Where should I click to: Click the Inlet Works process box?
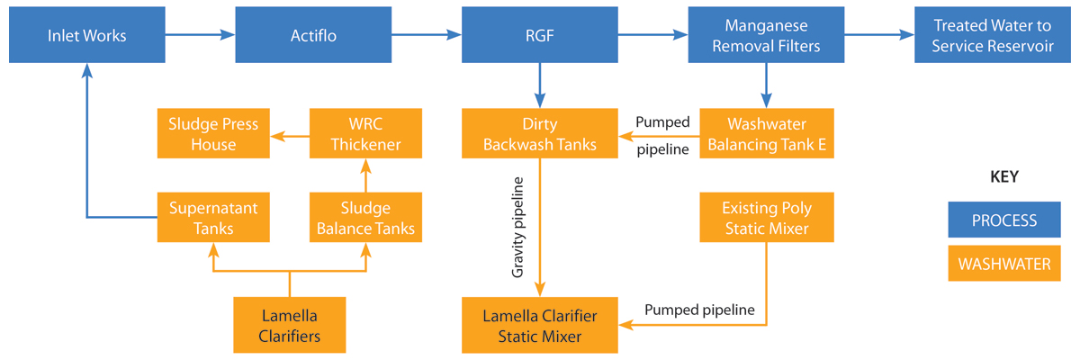click(x=86, y=36)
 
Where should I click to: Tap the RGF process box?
click(x=539, y=36)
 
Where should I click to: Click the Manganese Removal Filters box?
click(x=766, y=36)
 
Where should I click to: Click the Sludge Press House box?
click(x=213, y=134)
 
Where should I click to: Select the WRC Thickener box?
click(x=364, y=134)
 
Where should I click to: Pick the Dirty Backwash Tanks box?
click(x=539, y=134)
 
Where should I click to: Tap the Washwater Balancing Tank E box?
click(x=766, y=134)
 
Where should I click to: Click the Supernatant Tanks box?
click(x=213, y=218)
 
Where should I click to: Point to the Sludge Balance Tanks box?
click(x=364, y=218)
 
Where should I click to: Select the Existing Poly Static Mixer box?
click(x=766, y=218)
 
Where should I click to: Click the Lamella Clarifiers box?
click(x=289, y=326)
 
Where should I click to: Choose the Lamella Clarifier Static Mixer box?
click(x=539, y=326)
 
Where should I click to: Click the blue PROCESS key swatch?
click(x=1003, y=220)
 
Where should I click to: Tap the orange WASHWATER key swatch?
click(x=1003, y=264)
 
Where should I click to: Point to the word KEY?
click(x=1003, y=176)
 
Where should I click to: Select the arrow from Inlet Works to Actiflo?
click(x=200, y=36)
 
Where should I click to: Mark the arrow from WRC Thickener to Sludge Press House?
click(x=289, y=136)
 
